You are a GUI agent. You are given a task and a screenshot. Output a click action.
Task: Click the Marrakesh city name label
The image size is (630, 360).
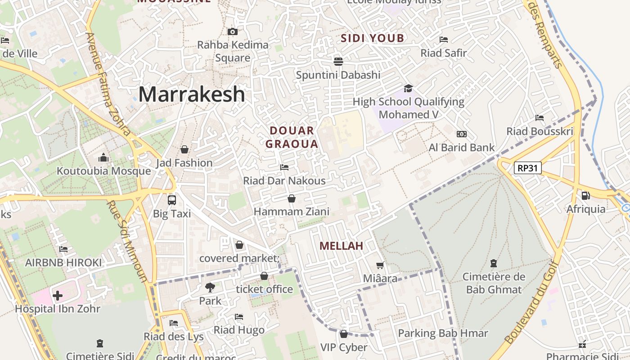tap(192, 94)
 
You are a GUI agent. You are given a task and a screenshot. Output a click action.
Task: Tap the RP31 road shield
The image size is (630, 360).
tap(527, 168)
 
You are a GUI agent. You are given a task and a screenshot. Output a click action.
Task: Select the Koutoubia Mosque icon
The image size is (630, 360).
tap(103, 158)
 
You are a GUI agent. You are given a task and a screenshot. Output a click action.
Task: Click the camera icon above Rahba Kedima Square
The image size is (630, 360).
tap(232, 31)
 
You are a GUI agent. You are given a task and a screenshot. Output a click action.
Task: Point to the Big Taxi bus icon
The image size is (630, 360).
tap(171, 200)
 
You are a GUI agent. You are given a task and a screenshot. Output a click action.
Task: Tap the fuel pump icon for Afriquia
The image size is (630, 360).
tap(585, 196)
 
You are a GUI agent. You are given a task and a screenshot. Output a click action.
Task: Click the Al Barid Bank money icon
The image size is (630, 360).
tap(461, 134)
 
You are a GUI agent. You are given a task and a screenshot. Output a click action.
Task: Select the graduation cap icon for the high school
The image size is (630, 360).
tap(408, 88)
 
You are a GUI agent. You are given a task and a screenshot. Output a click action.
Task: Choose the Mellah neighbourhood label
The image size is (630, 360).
tap(341, 246)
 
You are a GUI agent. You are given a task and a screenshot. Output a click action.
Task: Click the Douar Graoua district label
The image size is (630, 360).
tap(292, 137)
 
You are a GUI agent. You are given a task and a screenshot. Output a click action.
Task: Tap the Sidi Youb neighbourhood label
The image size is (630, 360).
tap(373, 38)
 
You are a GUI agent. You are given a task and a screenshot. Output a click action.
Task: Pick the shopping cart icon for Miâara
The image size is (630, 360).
tap(380, 265)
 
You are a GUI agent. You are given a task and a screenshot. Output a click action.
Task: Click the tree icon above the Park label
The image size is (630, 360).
tap(210, 287)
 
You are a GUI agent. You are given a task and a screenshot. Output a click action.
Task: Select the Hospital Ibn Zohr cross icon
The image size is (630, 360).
tap(58, 296)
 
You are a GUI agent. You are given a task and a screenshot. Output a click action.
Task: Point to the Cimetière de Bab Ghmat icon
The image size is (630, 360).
tap(494, 263)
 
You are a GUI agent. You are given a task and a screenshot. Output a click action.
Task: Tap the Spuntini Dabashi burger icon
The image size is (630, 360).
tap(338, 61)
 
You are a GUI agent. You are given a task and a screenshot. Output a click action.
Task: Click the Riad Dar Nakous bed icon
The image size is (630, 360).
tap(284, 167)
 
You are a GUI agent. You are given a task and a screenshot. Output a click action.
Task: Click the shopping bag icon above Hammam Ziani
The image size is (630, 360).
tap(292, 198)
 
